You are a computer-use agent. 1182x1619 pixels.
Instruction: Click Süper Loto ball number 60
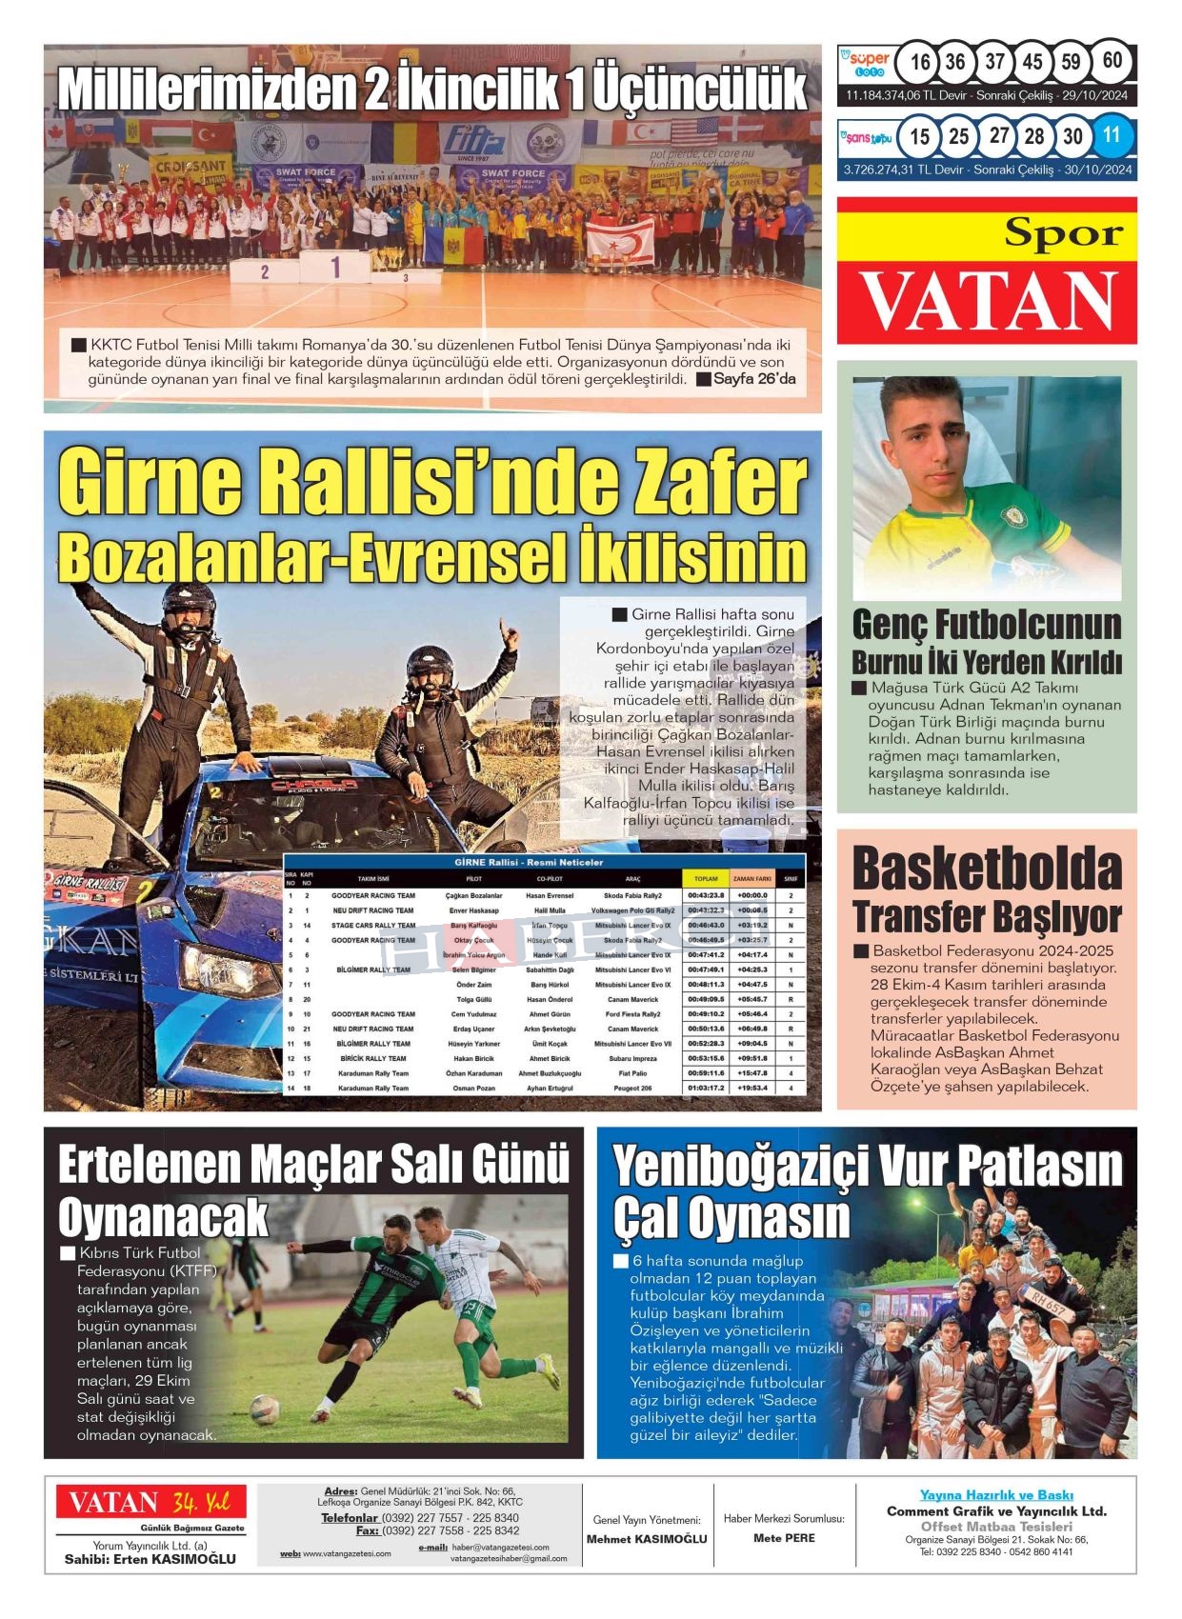click(1112, 61)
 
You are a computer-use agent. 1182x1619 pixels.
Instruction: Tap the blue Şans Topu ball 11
click(1112, 135)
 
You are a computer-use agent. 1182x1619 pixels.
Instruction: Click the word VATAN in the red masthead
click(988, 302)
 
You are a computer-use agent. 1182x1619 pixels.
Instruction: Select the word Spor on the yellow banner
click(1063, 232)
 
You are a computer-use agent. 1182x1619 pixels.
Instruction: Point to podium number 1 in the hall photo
click(335, 268)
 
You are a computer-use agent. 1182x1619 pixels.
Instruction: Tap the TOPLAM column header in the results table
click(706, 879)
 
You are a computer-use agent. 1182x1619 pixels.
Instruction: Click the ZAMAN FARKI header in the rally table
click(752, 879)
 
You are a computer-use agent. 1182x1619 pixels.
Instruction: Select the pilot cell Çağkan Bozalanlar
click(473, 896)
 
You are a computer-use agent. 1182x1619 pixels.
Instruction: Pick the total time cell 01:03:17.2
click(706, 1088)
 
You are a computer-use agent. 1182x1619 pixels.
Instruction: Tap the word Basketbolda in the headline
click(987, 869)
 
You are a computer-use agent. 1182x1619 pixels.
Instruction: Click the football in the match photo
click(264, 1409)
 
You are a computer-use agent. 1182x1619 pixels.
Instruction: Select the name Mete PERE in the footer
click(784, 1538)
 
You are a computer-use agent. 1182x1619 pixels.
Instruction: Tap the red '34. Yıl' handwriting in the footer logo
click(201, 1503)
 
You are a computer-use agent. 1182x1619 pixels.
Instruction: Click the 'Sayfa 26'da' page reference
click(753, 379)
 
